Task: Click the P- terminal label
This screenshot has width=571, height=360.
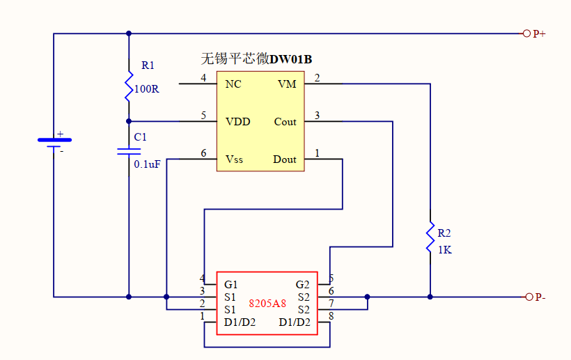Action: click(x=540, y=297)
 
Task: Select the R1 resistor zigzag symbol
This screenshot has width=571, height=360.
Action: click(x=129, y=84)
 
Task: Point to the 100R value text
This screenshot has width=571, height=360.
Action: click(x=146, y=89)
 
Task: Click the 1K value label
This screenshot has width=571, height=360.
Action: click(x=444, y=250)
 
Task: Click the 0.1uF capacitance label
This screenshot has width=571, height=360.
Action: click(x=147, y=165)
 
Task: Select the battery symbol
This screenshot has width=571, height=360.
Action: click(x=54, y=143)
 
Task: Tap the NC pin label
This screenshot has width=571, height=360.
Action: click(x=233, y=84)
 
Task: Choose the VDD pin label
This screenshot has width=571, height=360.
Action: click(x=237, y=122)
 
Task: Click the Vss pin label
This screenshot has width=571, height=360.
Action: click(x=235, y=159)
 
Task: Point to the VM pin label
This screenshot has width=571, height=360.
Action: click(x=287, y=84)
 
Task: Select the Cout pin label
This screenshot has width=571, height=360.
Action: click(x=285, y=122)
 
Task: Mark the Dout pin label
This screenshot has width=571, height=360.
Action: click(x=285, y=159)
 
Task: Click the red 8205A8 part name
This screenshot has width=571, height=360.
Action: click(x=267, y=303)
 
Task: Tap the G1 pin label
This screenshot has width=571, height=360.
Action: click(x=231, y=284)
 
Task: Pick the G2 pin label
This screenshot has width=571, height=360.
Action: click(x=302, y=284)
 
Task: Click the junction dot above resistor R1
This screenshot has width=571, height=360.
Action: click(x=129, y=33)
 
